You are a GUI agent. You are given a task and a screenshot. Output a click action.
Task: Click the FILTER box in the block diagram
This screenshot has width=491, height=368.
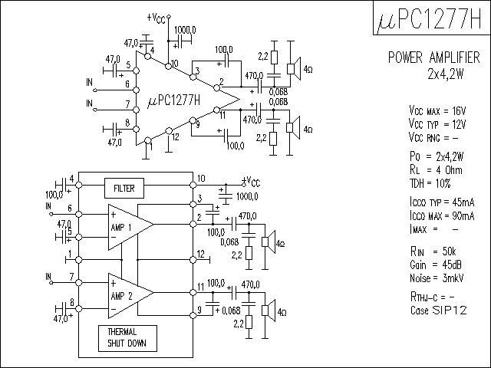pyautogui.click(x=124, y=189)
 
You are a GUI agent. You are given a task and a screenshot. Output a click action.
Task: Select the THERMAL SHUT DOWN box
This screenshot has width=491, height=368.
pyautogui.click(x=127, y=338)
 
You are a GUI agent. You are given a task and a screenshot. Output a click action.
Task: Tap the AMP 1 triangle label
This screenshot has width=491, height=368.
pyautogui.click(x=121, y=227)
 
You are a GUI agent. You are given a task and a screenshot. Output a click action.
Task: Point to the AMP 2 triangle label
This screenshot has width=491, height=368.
pyautogui.click(x=121, y=296)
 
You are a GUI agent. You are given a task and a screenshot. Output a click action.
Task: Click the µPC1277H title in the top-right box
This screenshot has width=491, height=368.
pyautogui.click(x=430, y=18)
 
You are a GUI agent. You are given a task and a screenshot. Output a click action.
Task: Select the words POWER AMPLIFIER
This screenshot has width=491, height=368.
pyautogui.click(x=433, y=58)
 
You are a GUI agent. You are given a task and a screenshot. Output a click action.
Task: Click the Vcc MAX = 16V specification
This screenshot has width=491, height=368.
pyautogui.click(x=437, y=110)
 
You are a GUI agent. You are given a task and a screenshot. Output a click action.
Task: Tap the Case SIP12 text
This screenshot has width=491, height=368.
pyautogui.click(x=438, y=310)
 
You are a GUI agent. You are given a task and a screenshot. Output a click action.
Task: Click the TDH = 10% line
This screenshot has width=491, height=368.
pyautogui.click(x=430, y=183)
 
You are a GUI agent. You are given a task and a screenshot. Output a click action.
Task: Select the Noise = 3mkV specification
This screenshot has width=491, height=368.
pyautogui.click(x=437, y=278)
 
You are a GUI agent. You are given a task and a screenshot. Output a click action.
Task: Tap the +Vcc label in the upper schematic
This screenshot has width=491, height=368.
pyautogui.click(x=156, y=18)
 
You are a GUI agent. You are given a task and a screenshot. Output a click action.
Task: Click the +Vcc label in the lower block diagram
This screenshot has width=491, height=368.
pyautogui.click(x=252, y=182)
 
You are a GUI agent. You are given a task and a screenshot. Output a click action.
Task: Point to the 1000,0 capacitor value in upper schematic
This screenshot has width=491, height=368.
pyautogui.click(x=185, y=30)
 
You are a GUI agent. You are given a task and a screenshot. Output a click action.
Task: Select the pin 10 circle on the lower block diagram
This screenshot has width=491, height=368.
pyautogui.click(x=193, y=186)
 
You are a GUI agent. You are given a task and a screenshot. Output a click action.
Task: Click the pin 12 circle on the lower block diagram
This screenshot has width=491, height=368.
pyautogui.click(x=193, y=260)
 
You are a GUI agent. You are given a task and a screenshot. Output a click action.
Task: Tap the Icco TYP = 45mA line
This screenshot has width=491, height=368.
pyautogui.click(x=442, y=202)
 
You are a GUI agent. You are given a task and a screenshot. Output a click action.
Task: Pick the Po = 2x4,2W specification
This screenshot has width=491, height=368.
pyautogui.click(x=437, y=156)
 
